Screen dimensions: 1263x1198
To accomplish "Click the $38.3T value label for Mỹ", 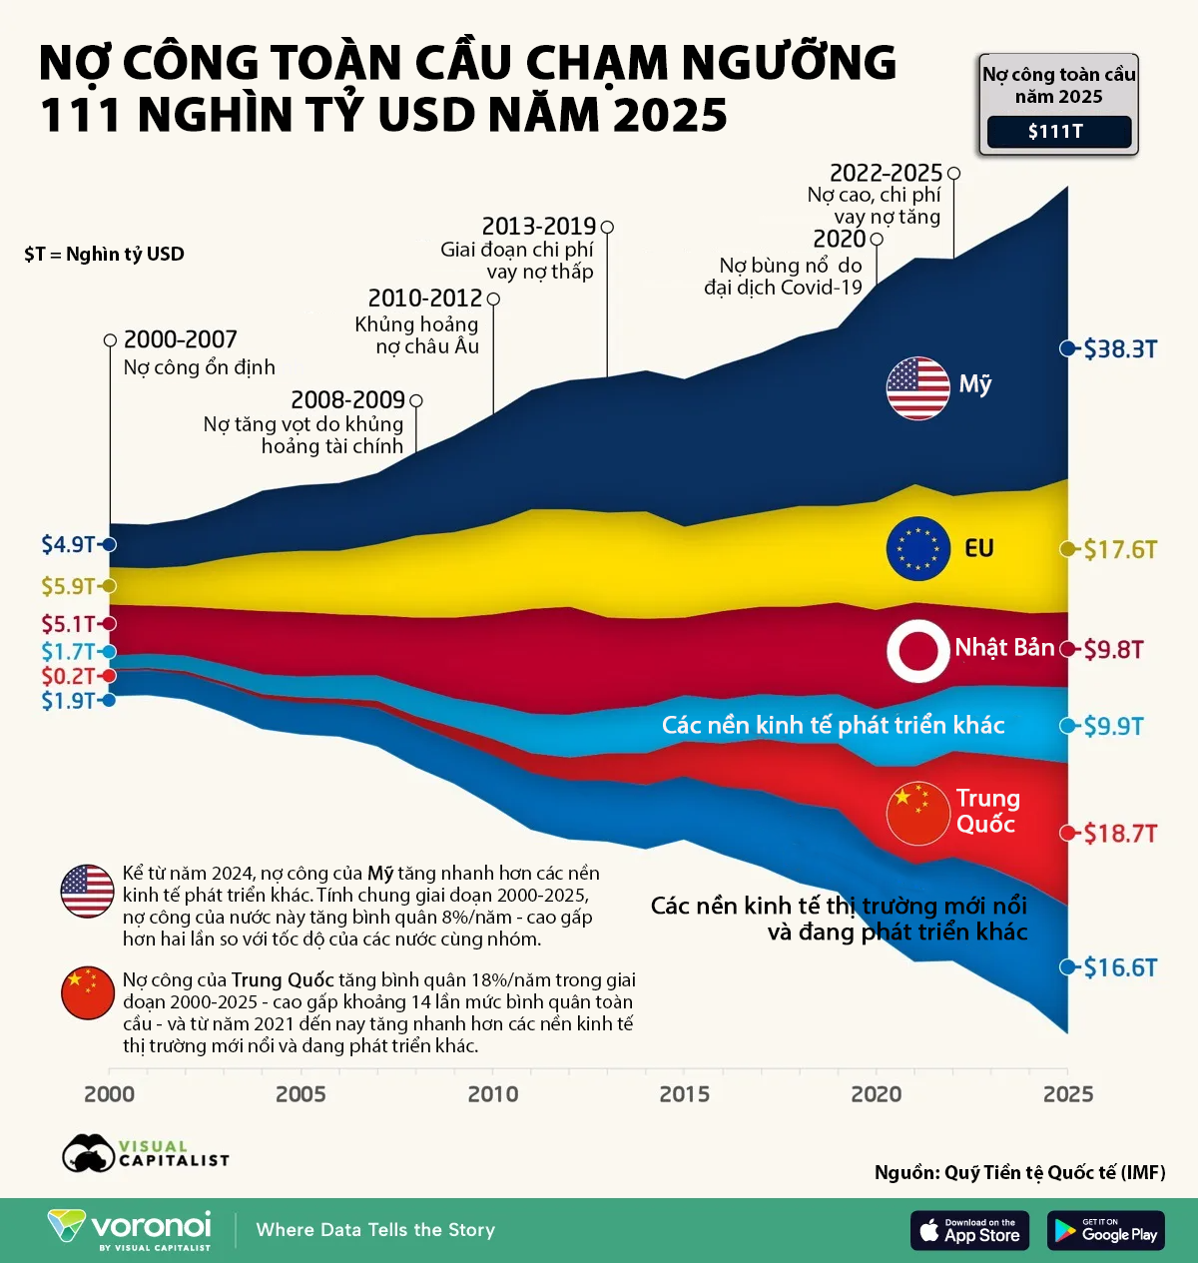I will (1120, 348).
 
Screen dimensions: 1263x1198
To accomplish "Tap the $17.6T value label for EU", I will (1120, 549).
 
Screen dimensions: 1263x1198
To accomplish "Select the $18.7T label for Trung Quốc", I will (1120, 833).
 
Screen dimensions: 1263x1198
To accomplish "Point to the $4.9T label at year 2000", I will (68, 544).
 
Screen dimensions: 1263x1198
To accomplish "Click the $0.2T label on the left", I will (68, 676).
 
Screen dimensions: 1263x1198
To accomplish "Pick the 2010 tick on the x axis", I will (493, 1094).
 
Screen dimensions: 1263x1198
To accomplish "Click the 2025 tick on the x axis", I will (1067, 1094).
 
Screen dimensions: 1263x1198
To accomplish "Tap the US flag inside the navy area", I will (917, 387).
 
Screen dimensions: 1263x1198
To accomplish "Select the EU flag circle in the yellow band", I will (917, 548).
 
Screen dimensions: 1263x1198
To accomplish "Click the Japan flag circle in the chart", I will (917, 650).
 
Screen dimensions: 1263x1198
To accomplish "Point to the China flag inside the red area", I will (917, 813).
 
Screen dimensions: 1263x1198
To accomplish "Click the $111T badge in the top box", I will (1058, 131).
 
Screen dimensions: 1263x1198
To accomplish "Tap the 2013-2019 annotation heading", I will (538, 227).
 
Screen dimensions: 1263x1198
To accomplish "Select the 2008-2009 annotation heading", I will (347, 400).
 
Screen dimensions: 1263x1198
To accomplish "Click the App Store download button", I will (969, 1230).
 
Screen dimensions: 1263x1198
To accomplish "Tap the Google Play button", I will (1106, 1230).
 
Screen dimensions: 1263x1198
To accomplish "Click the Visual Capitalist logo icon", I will (89, 1154).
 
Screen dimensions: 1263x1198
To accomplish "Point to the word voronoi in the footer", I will (151, 1225).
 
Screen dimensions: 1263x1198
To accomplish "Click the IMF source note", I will (1019, 1172).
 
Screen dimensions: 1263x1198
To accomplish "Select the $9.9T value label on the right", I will (1120, 726).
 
